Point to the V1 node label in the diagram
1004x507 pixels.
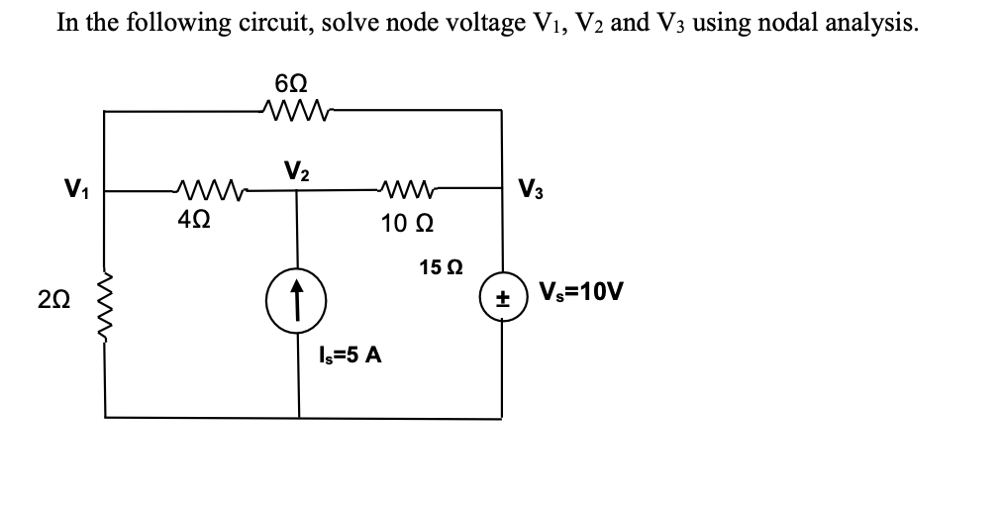point(71,188)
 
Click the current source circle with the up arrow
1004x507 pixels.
point(297,295)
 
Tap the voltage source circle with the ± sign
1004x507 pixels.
point(500,297)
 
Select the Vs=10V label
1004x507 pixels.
point(580,294)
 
